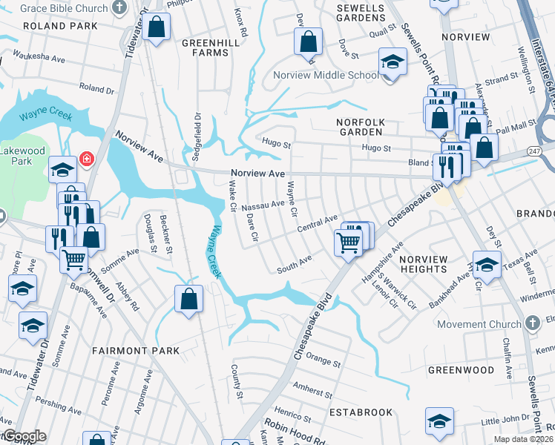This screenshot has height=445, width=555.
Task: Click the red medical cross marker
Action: click(x=87, y=159)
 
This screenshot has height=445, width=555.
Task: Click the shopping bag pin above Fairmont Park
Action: click(x=189, y=299)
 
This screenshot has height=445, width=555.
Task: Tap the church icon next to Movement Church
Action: click(x=531, y=323)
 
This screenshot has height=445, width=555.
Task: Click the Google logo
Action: click(x=24, y=436)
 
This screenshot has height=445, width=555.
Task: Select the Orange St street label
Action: click(x=323, y=364)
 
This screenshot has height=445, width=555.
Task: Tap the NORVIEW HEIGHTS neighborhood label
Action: click(x=424, y=264)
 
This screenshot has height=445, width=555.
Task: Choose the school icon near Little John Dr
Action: click(x=439, y=421)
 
